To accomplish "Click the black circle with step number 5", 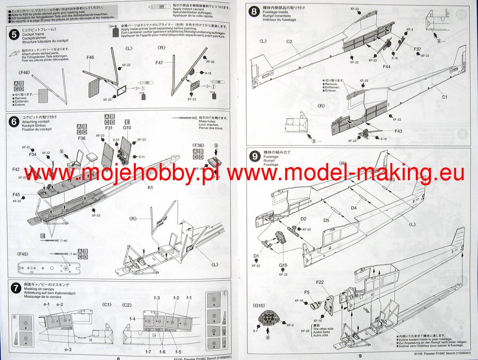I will (14, 35).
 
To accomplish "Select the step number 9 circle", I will (254, 157).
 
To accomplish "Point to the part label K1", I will (151, 187).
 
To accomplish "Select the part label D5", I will (327, 220).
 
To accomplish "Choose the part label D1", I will (256, 256).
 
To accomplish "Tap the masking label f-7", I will (148, 352).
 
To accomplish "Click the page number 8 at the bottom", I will (118, 357).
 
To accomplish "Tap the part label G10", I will (127, 128).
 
